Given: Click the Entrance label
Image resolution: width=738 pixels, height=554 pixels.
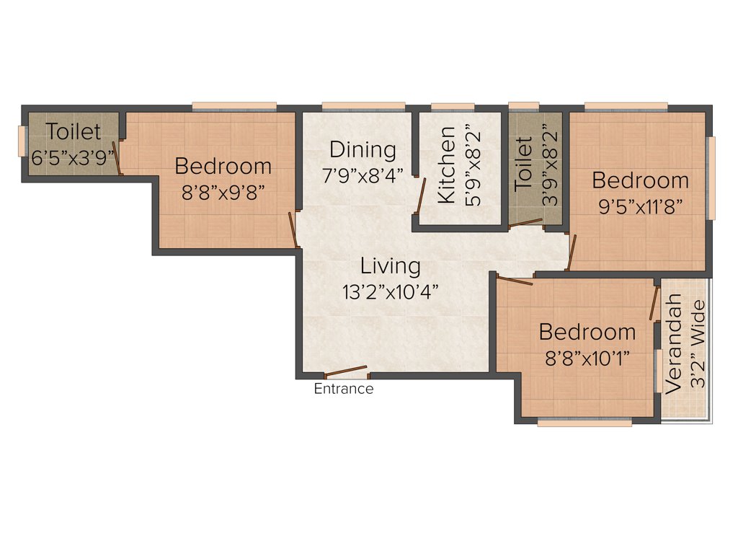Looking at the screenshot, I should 344,390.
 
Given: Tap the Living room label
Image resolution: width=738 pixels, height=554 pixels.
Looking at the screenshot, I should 391,266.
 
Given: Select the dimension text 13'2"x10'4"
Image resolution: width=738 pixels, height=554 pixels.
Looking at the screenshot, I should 391,291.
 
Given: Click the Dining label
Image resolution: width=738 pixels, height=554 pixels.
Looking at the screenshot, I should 363,150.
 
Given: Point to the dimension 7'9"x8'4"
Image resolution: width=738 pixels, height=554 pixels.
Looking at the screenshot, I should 363,175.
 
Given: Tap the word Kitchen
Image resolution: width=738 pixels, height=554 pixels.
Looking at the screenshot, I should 447,165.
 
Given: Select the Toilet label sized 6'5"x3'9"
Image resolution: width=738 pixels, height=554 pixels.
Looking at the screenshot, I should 74,132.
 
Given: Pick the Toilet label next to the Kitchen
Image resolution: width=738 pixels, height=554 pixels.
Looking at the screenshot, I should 523,164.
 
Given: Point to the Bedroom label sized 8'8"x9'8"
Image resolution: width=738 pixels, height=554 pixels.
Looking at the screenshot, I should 223,166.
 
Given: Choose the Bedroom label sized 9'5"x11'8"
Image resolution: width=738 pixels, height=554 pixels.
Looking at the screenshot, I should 641,180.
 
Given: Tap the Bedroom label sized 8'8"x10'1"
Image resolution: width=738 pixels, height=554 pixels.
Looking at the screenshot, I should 587,333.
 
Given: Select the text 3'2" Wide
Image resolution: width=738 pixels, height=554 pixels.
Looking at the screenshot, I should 698,344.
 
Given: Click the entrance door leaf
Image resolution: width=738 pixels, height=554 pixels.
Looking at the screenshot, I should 347,372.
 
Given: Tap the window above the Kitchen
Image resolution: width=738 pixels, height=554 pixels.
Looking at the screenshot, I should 453,107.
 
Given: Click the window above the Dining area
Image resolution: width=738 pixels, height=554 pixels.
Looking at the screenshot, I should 363,107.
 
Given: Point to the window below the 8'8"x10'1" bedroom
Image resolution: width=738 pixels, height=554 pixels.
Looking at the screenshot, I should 584,423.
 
